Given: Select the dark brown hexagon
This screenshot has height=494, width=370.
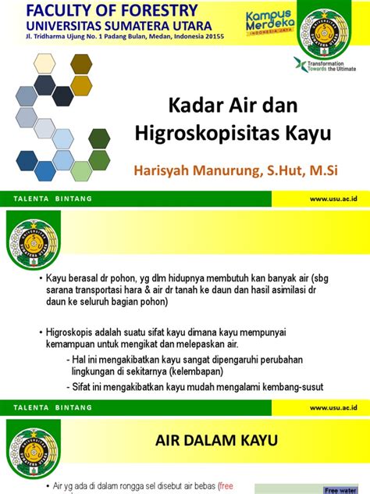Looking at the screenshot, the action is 80,63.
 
